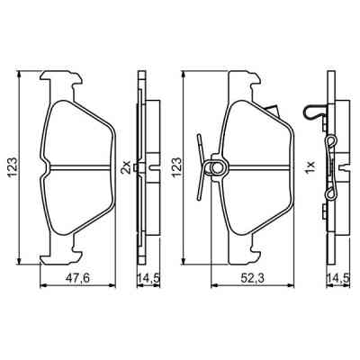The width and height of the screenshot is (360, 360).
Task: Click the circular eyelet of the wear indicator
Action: [215, 166]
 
